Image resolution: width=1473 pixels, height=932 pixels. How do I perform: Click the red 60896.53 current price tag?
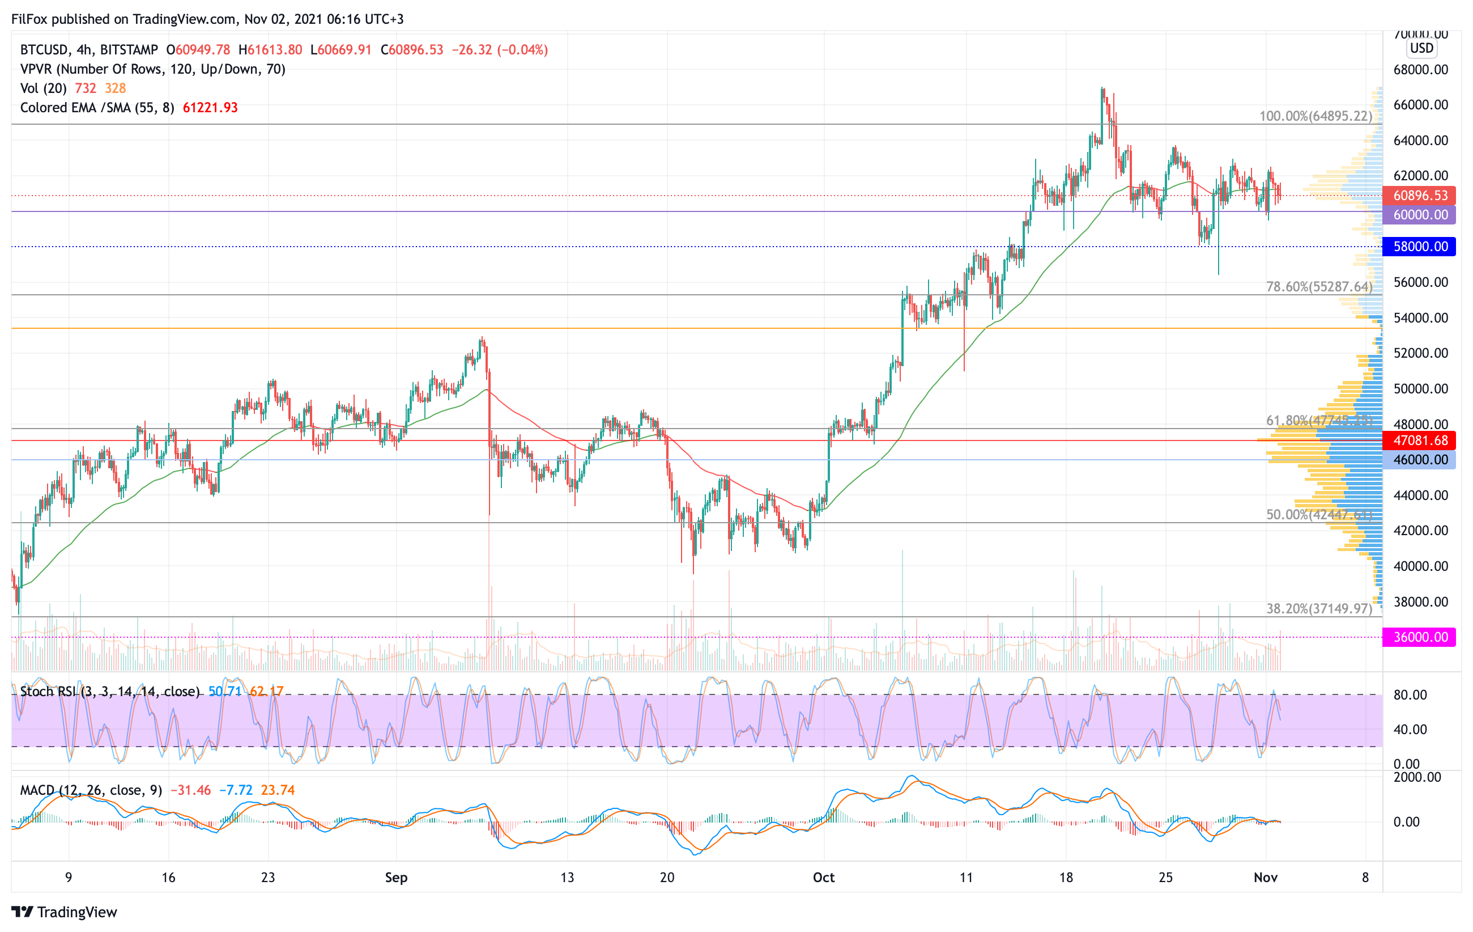point(1420,196)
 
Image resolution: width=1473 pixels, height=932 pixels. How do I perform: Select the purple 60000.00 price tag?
point(1420,215)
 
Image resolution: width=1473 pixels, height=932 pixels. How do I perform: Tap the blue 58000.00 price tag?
point(1420,247)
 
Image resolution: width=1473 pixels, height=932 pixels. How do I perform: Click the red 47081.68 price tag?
point(1420,440)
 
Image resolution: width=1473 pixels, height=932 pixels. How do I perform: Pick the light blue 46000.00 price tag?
point(1420,460)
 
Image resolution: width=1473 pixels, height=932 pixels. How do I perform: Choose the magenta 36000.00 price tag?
point(1420,637)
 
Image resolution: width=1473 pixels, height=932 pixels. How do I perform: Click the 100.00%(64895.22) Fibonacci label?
point(1315,116)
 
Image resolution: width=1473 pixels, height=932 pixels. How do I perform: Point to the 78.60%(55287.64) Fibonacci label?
point(1319,286)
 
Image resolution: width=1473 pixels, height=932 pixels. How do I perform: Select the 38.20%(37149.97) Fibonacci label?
point(1319,608)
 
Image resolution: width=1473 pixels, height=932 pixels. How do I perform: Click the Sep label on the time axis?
point(396,878)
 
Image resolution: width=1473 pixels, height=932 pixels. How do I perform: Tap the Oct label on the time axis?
point(823,878)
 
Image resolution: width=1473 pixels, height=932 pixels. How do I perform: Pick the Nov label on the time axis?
point(1265,878)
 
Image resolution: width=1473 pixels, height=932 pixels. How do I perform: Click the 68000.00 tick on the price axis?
point(1420,70)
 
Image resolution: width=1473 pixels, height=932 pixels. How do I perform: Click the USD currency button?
point(1421,48)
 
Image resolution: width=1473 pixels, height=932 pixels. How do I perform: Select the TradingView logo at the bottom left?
point(64,912)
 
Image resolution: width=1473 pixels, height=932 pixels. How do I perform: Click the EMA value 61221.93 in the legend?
point(210,108)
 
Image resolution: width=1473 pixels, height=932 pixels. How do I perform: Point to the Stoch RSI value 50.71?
point(224,692)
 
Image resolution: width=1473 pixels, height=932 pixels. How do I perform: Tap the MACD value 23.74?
point(278,790)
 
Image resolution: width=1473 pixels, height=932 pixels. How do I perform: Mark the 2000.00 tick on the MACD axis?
point(1417,777)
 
